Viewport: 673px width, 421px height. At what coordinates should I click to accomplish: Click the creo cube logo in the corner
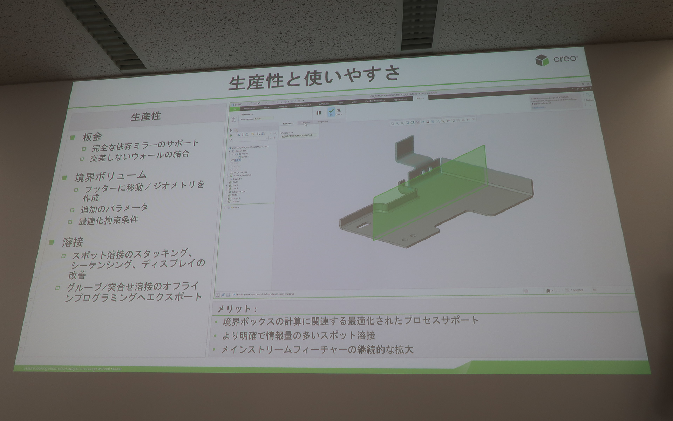[542, 61]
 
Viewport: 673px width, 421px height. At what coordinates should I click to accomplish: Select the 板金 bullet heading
[92, 137]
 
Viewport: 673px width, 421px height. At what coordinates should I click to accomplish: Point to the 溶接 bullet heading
[73, 242]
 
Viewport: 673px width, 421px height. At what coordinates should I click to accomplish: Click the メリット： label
[237, 309]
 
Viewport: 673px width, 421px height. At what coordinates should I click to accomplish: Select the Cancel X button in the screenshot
[339, 112]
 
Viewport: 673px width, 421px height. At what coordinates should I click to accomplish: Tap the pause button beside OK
[318, 113]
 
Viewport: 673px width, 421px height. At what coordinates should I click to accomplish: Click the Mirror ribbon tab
[420, 98]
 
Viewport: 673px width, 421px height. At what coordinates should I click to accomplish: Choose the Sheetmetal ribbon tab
[250, 108]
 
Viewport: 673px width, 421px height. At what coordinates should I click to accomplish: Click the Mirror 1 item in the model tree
[237, 207]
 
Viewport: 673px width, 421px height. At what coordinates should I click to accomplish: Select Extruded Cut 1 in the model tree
[239, 192]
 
